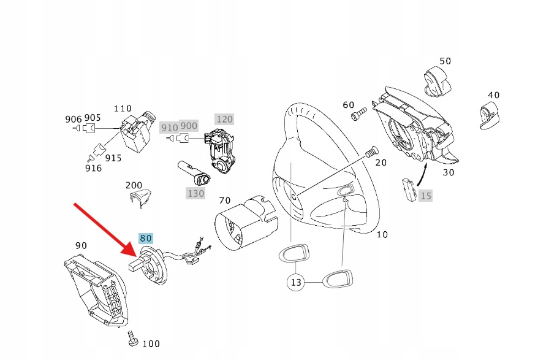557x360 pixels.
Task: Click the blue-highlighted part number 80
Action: tap(146, 239)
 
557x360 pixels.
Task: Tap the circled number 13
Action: tap(297, 282)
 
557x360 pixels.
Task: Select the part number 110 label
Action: tap(123, 109)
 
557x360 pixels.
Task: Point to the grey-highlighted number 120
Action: tap(224, 118)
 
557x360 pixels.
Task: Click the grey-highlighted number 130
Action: tap(195, 193)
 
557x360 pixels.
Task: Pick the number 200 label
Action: tap(134, 185)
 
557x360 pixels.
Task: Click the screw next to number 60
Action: tap(358, 114)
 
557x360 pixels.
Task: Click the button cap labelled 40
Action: tap(491, 117)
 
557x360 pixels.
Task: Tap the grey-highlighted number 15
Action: tap(426, 196)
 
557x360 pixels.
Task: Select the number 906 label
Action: tap(73, 119)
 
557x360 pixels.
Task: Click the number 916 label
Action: tap(93, 167)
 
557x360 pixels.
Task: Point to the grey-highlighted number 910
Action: tap(169, 128)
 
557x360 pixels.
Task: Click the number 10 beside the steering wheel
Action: tap(382, 234)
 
